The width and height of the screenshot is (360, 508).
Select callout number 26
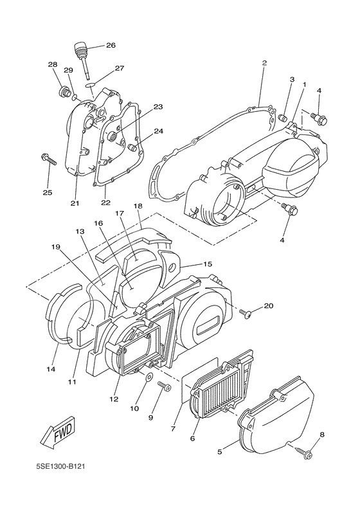(111, 46)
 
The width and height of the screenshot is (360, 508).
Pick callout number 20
(268, 305)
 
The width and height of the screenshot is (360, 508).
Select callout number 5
(220, 452)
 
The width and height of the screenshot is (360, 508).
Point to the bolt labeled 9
(163, 388)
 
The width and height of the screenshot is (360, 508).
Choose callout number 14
(51, 369)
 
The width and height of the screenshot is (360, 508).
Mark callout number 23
(157, 107)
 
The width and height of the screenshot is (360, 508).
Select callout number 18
(138, 206)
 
